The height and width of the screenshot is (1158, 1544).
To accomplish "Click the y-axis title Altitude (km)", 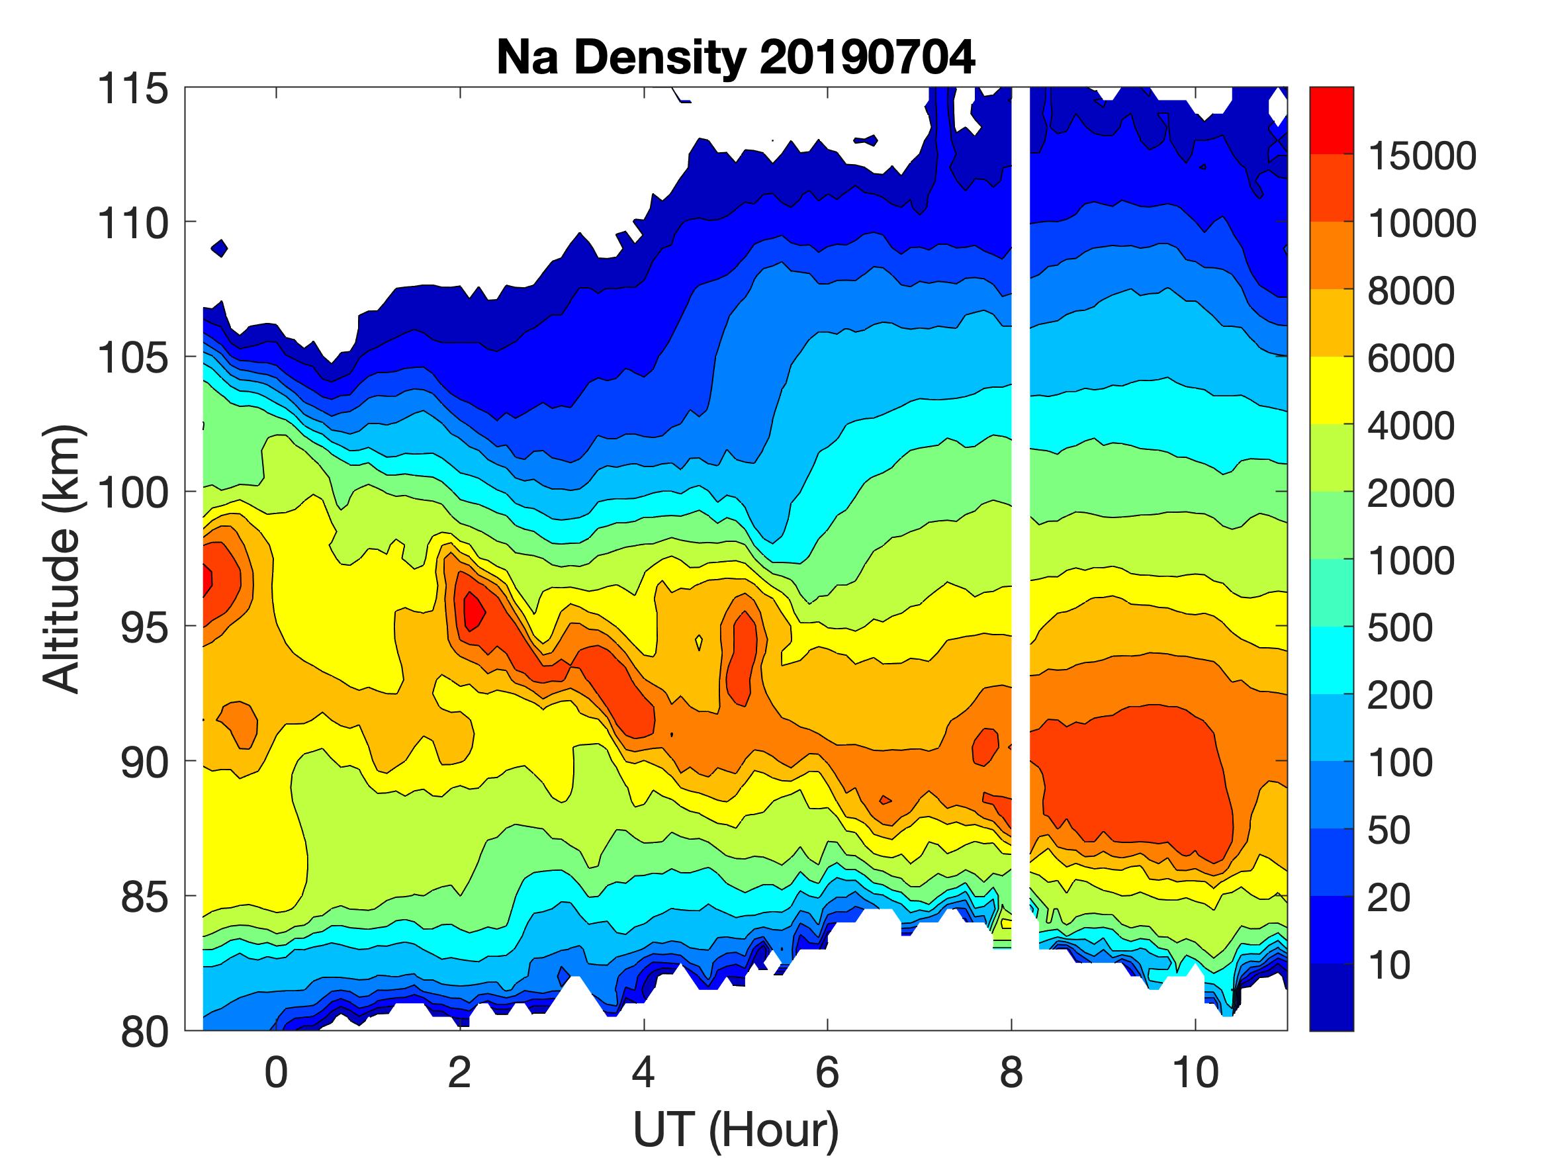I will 63,559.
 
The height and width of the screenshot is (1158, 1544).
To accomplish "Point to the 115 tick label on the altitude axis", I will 133,89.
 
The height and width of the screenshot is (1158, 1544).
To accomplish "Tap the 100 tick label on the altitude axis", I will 133,493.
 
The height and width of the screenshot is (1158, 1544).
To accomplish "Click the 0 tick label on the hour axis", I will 277,1072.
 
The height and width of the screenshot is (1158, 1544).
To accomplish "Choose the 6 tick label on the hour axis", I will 827,1072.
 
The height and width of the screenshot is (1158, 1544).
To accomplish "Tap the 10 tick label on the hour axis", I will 1195,1072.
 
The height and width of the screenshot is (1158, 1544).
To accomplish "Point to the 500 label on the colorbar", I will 1400,627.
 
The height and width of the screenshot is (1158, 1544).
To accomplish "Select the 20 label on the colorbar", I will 1389,897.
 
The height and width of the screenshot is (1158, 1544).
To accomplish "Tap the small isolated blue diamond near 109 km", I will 220,247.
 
